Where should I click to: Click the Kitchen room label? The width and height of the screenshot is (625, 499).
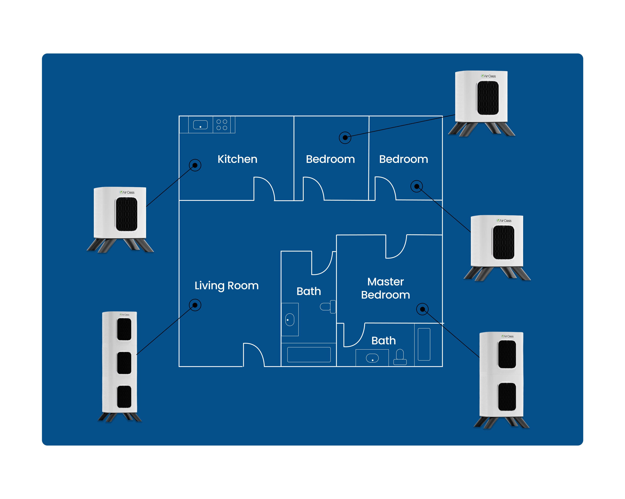click(x=237, y=159)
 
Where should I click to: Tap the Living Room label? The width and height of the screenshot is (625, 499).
click(x=226, y=286)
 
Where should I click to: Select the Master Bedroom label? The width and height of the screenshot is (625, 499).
click(x=385, y=288)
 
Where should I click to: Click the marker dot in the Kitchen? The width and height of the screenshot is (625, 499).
click(x=195, y=165)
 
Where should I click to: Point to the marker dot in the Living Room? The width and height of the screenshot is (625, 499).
click(x=195, y=305)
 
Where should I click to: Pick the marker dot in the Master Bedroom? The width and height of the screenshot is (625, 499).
click(x=422, y=309)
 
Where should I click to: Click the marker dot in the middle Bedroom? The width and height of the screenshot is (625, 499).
click(x=345, y=138)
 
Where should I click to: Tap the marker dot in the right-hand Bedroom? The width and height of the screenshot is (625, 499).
click(x=417, y=186)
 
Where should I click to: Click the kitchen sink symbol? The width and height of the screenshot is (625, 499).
click(x=200, y=125)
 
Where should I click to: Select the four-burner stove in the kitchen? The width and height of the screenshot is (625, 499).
click(x=222, y=125)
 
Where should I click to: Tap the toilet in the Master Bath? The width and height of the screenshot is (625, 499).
click(x=400, y=357)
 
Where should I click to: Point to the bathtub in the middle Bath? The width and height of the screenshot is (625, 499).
click(x=309, y=355)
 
